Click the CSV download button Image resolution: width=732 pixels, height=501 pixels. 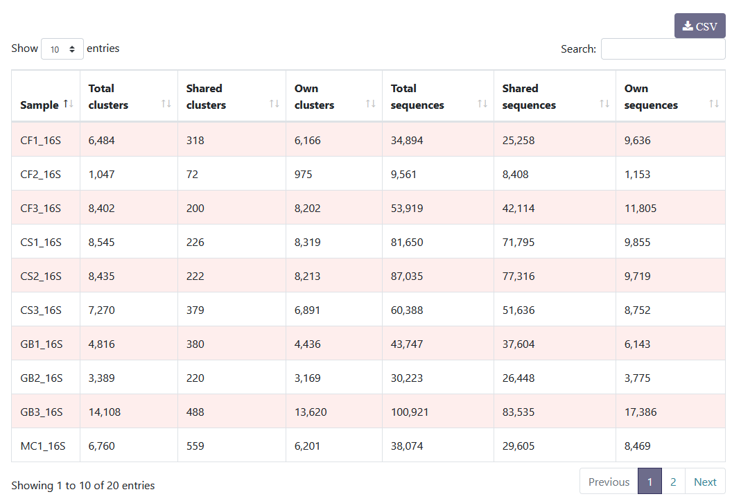coord(699,26)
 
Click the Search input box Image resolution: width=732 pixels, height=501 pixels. coord(663,49)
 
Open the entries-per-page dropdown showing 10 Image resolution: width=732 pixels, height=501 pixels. coord(62,49)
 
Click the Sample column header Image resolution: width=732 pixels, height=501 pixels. coord(40,105)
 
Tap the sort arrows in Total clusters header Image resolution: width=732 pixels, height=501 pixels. coord(166,103)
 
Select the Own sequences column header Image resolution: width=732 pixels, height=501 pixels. coord(651,97)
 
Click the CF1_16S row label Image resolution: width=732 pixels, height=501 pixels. coord(41,140)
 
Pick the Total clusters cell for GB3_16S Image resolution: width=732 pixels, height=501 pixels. coord(105,412)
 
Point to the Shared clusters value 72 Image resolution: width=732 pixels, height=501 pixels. coord(192,174)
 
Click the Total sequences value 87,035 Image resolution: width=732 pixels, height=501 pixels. coord(407,276)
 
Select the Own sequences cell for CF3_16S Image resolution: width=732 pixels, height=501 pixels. coord(640,208)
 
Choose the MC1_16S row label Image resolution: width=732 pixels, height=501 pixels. coord(43,446)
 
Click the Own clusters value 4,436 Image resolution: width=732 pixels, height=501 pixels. coord(308,344)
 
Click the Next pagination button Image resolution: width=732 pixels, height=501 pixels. coord(705,482)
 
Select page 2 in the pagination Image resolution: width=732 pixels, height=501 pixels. coord(673,482)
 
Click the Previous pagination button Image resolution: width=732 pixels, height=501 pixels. coord(609,482)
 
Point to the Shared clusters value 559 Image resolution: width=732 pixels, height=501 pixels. coord(195,446)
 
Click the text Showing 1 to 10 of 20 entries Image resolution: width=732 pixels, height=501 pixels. coord(83,485)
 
